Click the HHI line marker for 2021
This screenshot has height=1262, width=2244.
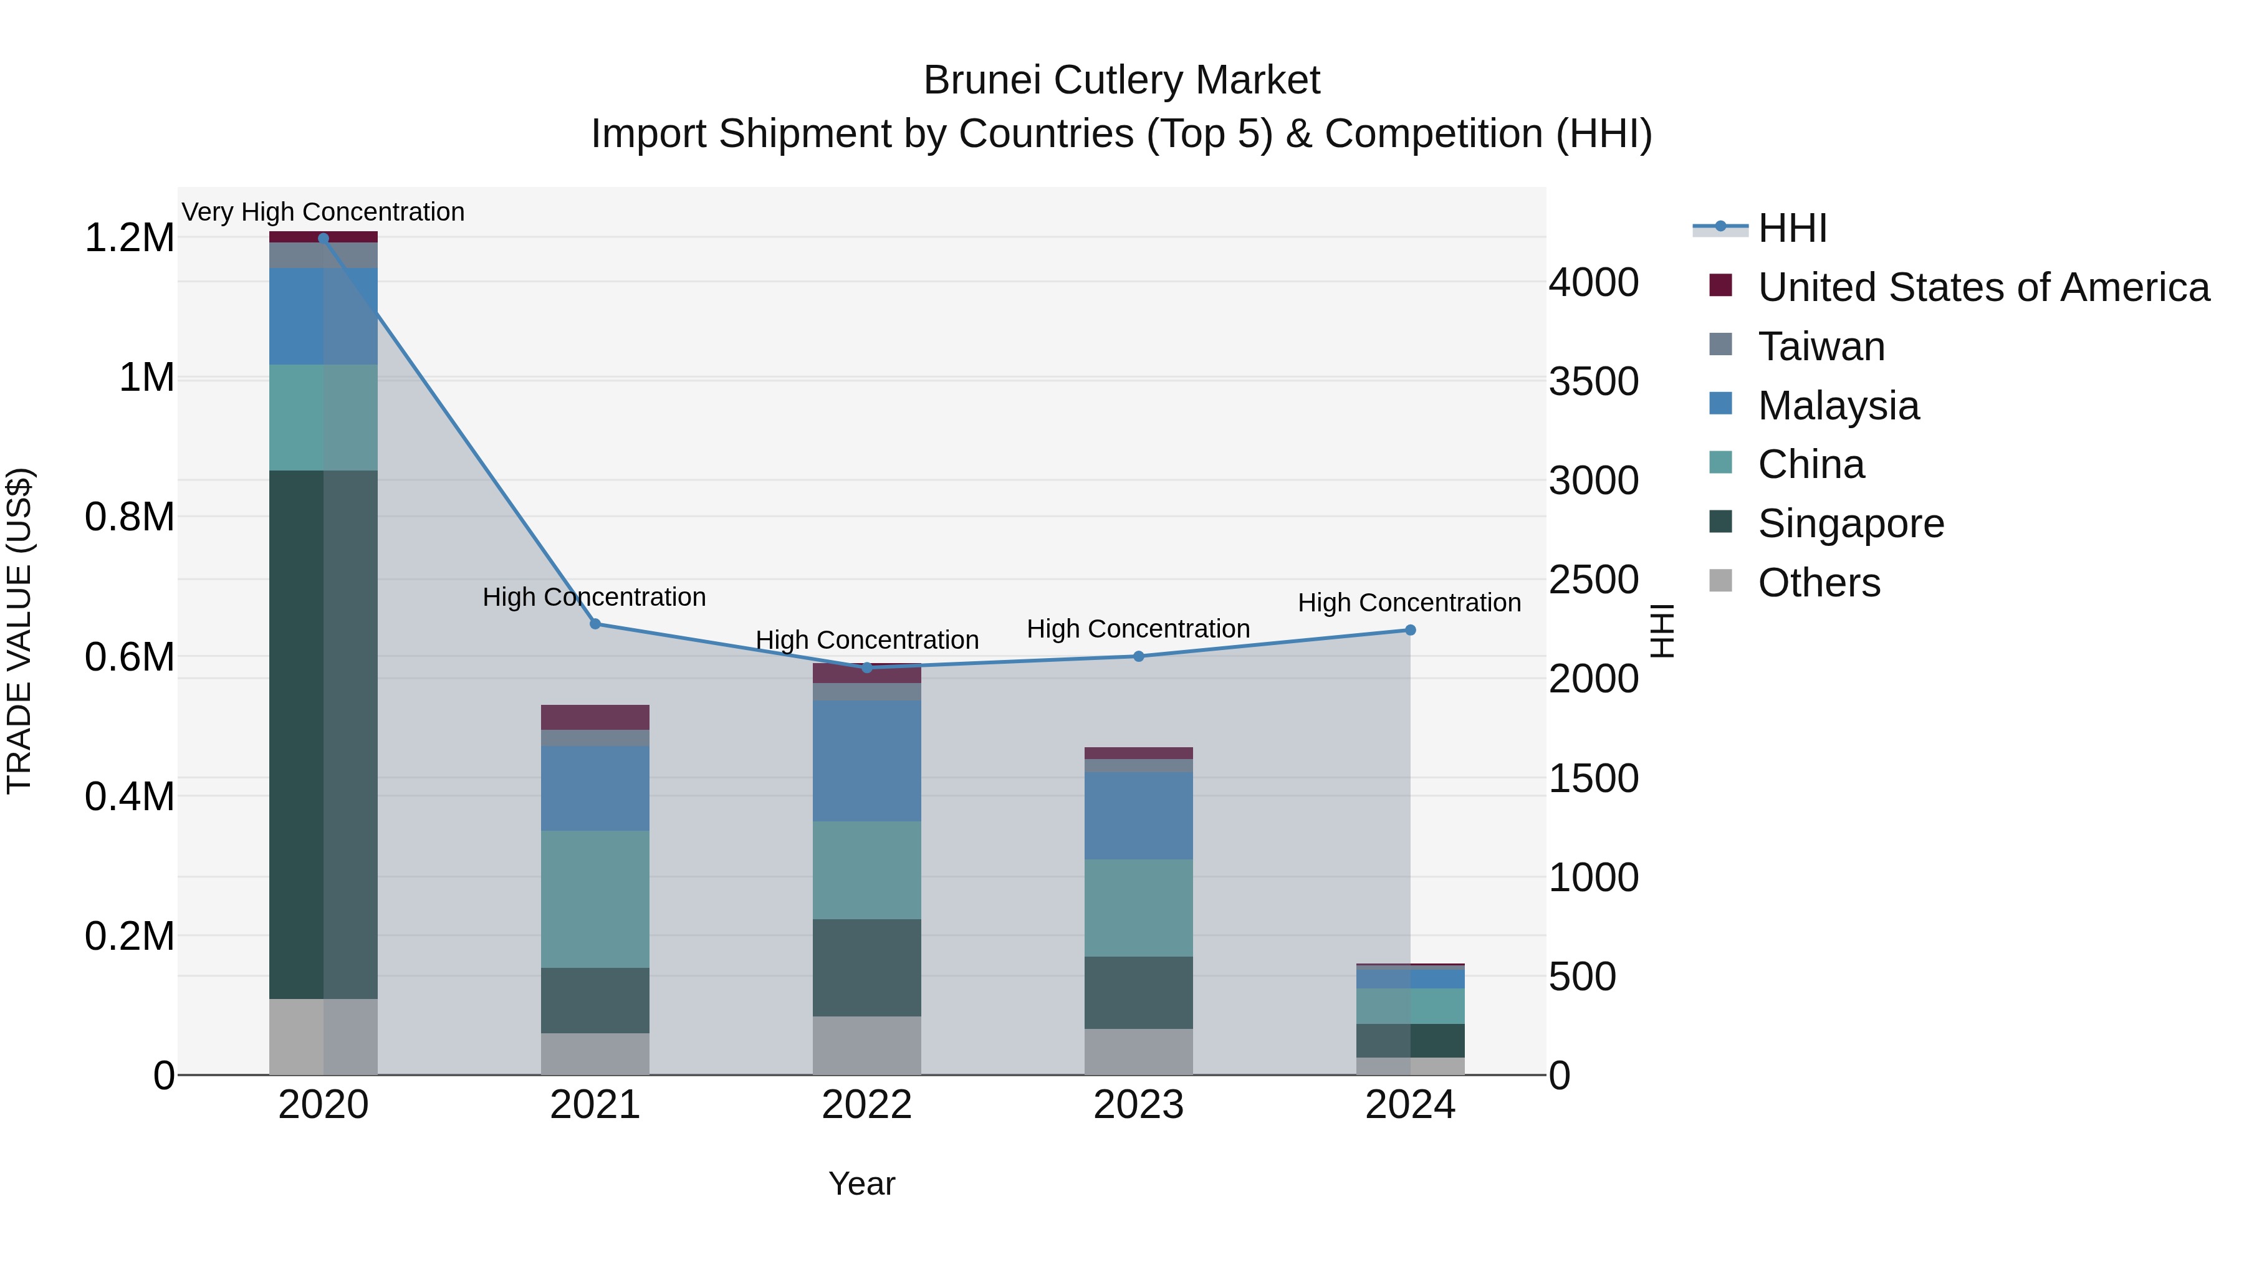pos(595,624)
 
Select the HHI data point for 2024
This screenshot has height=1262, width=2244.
pos(1411,629)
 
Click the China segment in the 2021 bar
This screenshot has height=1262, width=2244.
pos(595,898)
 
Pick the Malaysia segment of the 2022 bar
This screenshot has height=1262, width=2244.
pos(867,760)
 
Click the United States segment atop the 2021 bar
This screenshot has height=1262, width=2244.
pos(595,717)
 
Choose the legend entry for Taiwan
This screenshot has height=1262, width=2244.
pos(1821,346)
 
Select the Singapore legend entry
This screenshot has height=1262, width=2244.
pos(1850,523)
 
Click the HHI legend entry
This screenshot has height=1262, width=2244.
pos(1792,228)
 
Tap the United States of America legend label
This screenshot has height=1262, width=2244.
pos(1983,287)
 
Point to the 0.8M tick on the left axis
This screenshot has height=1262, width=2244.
pos(129,517)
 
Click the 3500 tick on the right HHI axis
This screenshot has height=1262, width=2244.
pos(1593,381)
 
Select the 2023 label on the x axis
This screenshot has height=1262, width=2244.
pos(1139,1105)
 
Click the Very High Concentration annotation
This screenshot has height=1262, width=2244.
pos(323,212)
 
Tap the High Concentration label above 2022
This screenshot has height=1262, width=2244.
pos(867,639)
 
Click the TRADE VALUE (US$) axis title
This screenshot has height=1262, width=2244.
pos(20,631)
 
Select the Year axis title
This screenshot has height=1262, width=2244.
pos(861,1183)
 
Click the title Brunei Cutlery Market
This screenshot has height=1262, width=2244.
pos(1121,80)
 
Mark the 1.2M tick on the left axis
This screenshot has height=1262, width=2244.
pos(129,238)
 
